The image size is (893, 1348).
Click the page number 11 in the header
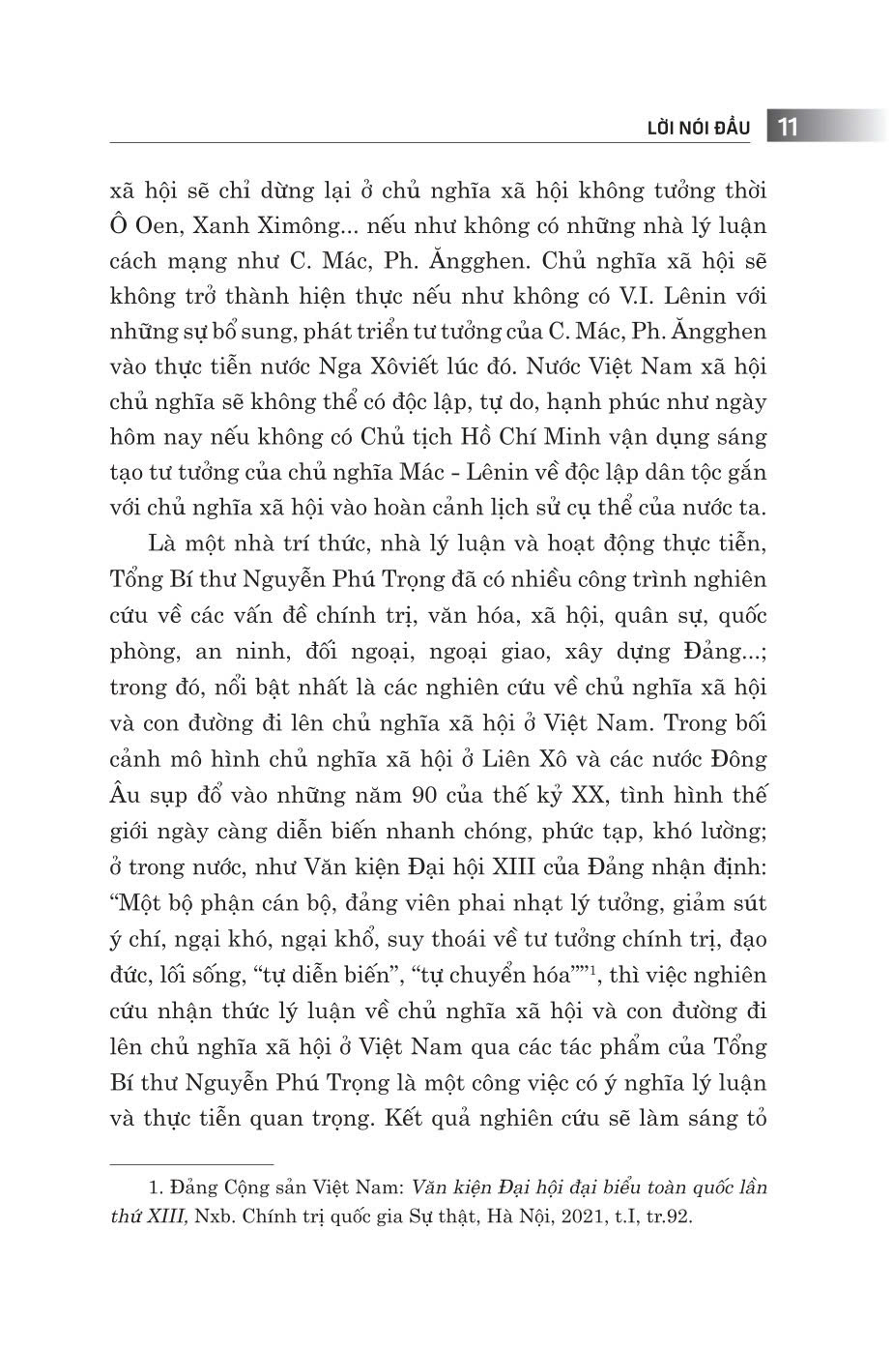coord(787,128)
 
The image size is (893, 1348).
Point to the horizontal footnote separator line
coord(192,1164)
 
